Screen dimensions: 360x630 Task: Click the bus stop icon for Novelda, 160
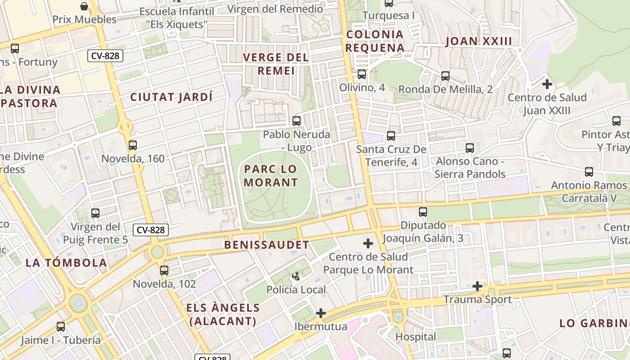[132, 145]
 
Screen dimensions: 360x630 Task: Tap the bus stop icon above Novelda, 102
[164, 270]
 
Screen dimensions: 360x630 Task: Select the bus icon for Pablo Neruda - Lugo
[296, 121]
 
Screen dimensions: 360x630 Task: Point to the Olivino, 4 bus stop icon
[362, 74]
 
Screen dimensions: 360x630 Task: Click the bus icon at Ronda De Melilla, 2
[445, 76]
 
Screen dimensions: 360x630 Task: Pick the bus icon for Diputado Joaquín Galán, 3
[423, 212]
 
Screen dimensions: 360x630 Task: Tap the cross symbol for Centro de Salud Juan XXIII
[547, 84]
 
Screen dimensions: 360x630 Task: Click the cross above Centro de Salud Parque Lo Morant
[368, 243]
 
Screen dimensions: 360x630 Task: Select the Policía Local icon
[296, 276]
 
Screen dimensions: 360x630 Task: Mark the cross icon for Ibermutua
[321, 313]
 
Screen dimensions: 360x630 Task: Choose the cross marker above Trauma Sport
[477, 286]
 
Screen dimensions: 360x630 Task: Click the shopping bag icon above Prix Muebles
[84, 6]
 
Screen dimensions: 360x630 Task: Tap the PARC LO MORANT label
[271, 175]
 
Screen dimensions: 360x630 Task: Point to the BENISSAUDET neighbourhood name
[266, 245]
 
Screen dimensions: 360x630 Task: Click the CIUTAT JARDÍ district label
[171, 97]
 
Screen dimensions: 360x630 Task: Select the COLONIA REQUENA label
[375, 41]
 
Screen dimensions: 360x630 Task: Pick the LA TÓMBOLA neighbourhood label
[66, 263]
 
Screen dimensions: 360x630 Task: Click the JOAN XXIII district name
[479, 41]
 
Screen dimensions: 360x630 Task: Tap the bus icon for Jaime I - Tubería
[61, 327]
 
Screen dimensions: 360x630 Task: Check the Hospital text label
[415, 337]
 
